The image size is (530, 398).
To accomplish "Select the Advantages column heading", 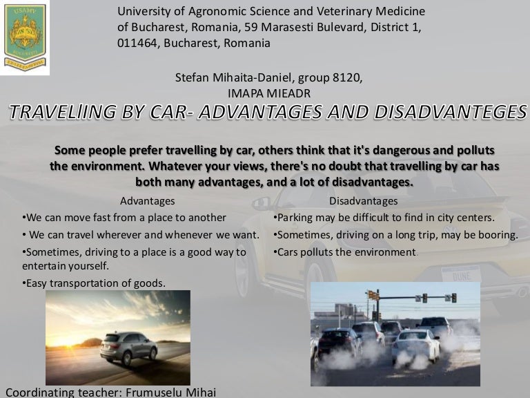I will click(x=148, y=201).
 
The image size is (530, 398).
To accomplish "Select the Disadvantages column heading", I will click(x=364, y=201).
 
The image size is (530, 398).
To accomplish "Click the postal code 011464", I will click(x=139, y=43).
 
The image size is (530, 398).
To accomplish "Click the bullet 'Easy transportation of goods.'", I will click(x=94, y=283).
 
